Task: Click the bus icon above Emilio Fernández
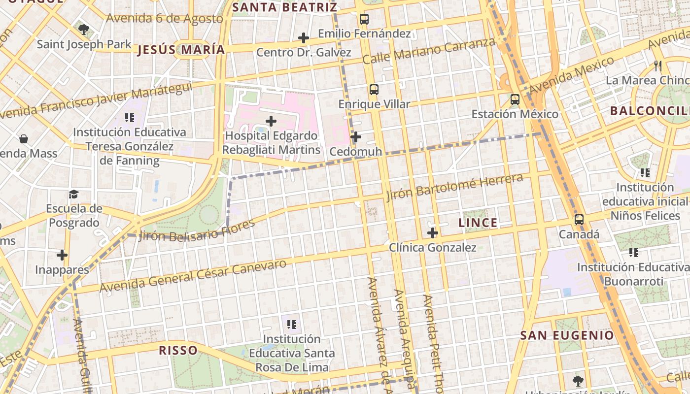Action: click(x=364, y=19)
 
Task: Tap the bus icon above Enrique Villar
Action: click(x=374, y=90)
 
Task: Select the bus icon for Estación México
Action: click(x=515, y=99)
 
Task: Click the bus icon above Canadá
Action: click(x=579, y=220)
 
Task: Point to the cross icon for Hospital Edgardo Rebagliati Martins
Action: click(x=271, y=121)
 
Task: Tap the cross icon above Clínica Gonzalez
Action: click(x=433, y=233)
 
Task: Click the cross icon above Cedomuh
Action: click(x=356, y=137)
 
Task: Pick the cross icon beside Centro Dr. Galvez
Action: click(x=304, y=38)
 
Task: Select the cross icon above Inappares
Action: click(x=62, y=255)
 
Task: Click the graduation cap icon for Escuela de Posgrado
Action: click(x=73, y=194)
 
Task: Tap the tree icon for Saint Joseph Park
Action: click(x=84, y=30)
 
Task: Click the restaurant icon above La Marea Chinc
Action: click(x=657, y=66)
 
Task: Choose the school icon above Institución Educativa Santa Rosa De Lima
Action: click(x=292, y=325)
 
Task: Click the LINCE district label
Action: click(x=478, y=223)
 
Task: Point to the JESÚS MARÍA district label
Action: click(x=181, y=50)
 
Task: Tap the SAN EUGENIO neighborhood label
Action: click(x=567, y=336)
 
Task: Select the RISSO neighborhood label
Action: click(x=178, y=351)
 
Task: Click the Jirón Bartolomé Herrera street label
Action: click(x=454, y=187)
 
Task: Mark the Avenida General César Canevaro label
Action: click(x=193, y=275)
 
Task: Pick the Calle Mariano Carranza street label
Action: click(x=428, y=51)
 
